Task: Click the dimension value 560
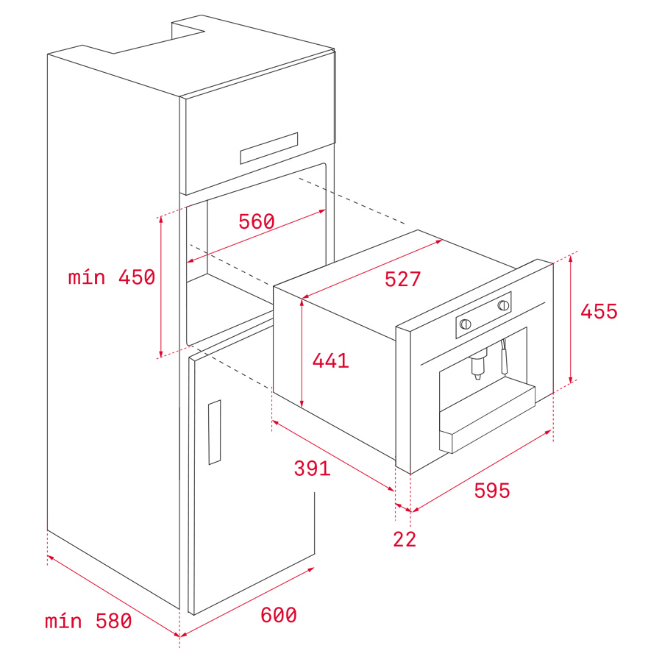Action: coord(256,221)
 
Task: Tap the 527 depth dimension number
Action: coord(402,279)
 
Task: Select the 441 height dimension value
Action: coord(330,360)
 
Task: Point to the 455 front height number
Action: coord(599,312)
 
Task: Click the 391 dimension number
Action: coord(312,469)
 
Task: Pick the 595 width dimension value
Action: coord(492,491)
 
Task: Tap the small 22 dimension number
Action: coord(405,539)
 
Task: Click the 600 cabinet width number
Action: coord(278,615)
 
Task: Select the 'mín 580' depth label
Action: coord(88,621)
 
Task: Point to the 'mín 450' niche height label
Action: coord(112,277)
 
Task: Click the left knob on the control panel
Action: coord(466,324)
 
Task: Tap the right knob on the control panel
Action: coord(503,305)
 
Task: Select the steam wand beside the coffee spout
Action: coord(504,357)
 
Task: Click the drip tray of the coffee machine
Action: coord(488,418)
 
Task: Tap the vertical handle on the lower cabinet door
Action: coord(215,433)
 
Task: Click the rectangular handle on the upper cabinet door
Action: coord(269,148)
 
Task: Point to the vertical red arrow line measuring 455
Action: coord(571,318)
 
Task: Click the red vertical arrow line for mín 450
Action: coord(161,287)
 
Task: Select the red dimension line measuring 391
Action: coord(333,455)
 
